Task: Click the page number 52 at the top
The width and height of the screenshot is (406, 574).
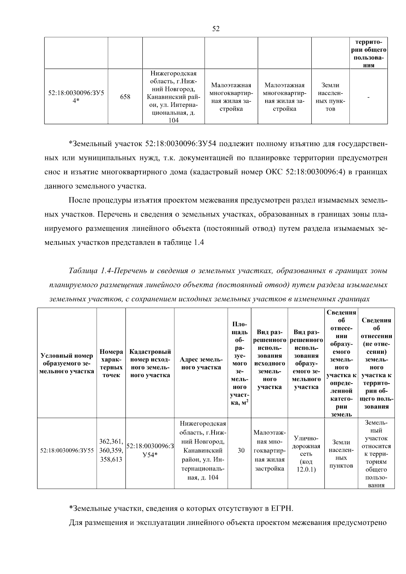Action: click(216, 29)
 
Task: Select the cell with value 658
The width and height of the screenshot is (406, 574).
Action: click(125, 97)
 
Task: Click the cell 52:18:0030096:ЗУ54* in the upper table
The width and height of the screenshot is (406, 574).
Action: click(76, 97)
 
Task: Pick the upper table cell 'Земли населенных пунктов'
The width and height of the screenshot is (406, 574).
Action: click(330, 97)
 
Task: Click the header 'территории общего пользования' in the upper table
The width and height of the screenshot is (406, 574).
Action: click(368, 54)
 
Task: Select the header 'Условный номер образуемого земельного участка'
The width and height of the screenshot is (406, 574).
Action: click(67, 364)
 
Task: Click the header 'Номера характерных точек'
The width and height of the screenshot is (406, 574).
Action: click(111, 364)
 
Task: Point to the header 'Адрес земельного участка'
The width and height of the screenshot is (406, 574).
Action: click(201, 363)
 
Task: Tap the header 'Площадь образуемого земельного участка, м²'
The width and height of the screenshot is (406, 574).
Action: click(240, 363)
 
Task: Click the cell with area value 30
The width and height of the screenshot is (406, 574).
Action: click(241, 451)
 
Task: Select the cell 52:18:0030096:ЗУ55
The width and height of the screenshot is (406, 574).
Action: click(67, 451)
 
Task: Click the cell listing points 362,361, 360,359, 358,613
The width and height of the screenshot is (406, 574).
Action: click(111, 451)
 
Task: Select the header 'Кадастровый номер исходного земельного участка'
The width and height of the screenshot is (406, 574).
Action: click(150, 364)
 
